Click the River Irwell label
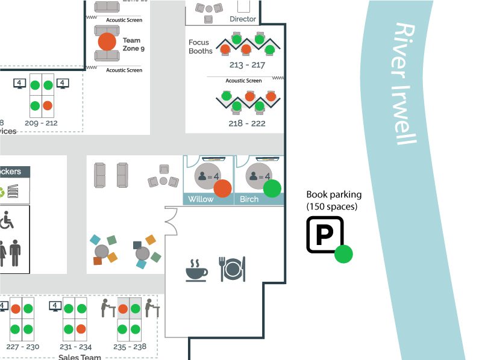[x=405, y=84]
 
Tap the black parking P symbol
[x=325, y=235]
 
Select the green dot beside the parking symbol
[x=344, y=254]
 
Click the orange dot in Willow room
[x=223, y=188]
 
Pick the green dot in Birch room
[x=272, y=188]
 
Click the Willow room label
[x=201, y=199]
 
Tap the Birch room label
[x=249, y=199]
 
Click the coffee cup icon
[x=196, y=270]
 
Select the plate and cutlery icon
[x=233, y=268]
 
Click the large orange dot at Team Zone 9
[x=107, y=42]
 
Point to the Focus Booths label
[x=200, y=47]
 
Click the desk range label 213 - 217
[x=247, y=65]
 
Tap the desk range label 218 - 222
[x=247, y=123]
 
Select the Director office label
[x=243, y=19]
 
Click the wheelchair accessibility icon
[x=7, y=220]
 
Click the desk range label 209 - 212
[x=41, y=123]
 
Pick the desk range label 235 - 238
[x=131, y=347]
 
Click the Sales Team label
[x=80, y=356]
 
